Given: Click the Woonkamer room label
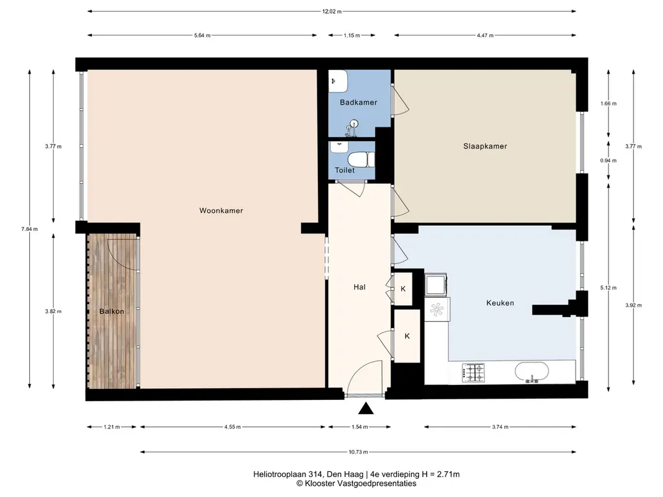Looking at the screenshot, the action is point(221,210).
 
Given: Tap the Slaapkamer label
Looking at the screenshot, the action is point(485,146).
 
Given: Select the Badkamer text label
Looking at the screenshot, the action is point(359,102).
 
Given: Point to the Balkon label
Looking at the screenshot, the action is point(111,311).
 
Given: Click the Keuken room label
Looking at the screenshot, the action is point(500,303).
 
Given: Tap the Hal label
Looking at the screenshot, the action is point(359,287).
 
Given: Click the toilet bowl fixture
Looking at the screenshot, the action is point(361,160).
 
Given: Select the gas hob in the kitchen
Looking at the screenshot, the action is point(473,372).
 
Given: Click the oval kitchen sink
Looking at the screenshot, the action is point(532,372).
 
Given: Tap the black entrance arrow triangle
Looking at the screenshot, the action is point(366,408).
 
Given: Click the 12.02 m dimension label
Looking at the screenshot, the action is point(332,12).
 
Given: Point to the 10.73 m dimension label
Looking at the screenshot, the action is point(358,452).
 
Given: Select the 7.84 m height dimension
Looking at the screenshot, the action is point(29,229).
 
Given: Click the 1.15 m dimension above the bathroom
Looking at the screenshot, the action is point(352,36).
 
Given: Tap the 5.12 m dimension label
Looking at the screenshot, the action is point(608,288).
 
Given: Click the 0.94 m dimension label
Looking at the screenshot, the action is point(608,160).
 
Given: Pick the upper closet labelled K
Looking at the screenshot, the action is point(403,289).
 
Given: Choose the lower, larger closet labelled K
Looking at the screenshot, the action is point(407,336).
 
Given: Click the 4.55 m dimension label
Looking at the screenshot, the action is point(232,427).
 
